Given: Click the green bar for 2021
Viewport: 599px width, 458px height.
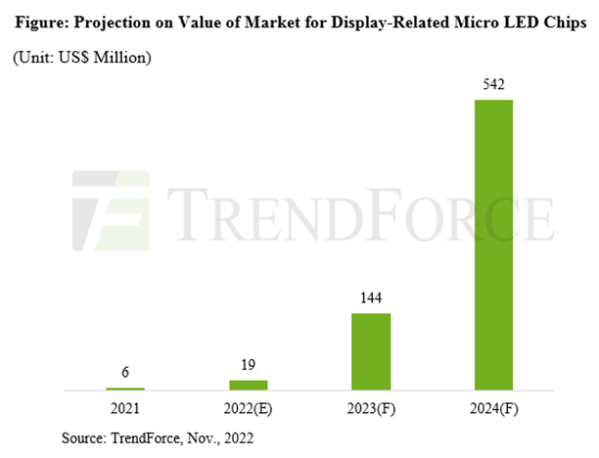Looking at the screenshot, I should click(125, 389).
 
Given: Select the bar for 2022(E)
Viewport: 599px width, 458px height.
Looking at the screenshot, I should click(248, 385).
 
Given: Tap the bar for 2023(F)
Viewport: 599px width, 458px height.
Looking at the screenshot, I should click(371, 351).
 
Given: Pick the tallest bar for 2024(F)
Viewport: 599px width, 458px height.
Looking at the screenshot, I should click(493, 245).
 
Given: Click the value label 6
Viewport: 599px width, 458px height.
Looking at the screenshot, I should click(125, 374).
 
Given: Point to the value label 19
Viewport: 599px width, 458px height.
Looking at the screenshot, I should click(248, 365).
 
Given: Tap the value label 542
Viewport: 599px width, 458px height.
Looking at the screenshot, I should click(493, 86).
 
